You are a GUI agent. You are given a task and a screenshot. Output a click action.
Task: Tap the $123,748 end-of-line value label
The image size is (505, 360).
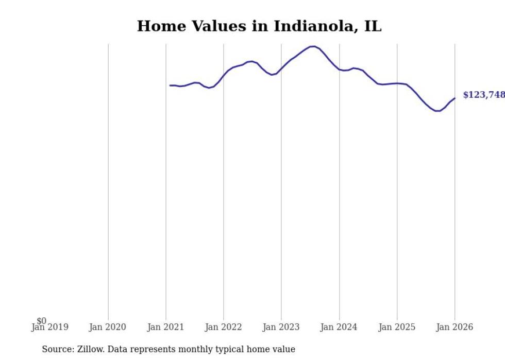[x=483, y=95]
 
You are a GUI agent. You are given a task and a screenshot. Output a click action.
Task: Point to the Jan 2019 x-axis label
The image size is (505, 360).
[x=49, y=328]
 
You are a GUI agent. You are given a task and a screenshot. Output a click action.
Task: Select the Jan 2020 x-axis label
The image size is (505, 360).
[x=108, y=328]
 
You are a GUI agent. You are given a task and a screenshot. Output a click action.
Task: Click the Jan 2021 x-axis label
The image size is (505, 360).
[x=165, y=328]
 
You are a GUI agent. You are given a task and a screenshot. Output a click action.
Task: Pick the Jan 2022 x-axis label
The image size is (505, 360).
[x=223, y=328]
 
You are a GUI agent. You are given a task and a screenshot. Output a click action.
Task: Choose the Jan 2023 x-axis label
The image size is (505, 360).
[x=281, y=328]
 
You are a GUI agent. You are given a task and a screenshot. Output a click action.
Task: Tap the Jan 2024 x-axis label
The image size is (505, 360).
[x=339, y=328]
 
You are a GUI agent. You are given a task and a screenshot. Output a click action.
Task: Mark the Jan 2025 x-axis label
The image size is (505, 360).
[x=397, y=328]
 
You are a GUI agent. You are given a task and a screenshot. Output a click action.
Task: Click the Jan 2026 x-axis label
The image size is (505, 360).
[x=454, y=328]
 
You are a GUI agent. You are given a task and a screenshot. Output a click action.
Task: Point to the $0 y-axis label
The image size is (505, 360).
[x=41, y=321]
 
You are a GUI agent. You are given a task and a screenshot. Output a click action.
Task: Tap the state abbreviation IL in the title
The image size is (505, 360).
[x=373, y=26]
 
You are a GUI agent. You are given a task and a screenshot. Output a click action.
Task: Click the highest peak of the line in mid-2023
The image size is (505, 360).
[x=313, y=46]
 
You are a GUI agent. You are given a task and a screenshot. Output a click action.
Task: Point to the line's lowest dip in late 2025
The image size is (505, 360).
[x=437, y=111]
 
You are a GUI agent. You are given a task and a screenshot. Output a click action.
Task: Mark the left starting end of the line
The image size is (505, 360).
[x=170, y=85]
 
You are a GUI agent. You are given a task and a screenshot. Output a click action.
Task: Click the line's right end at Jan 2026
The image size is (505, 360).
[x=454, y=98]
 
